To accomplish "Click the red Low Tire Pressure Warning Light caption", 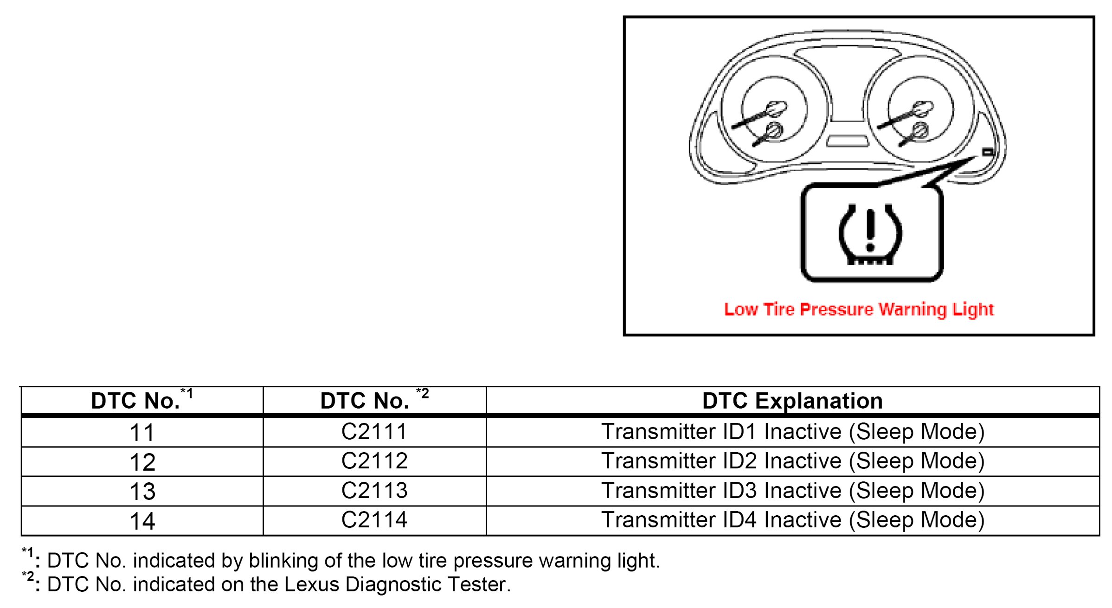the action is point(859,310).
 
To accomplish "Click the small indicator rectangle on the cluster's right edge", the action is point(988,152).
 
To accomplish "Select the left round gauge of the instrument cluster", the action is point(773,110).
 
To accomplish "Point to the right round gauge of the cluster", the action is point(920,110).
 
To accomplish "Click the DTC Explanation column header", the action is point(792,401).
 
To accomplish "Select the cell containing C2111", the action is point(374,432).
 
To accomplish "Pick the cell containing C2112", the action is point(374,461).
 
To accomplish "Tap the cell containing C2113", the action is point(374,491).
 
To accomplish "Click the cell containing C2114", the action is point(374,520).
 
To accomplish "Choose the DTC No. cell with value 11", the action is point(142,432).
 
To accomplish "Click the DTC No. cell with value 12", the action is point(142,461).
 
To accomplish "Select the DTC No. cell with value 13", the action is point(142,491).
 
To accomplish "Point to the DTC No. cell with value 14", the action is point(142,520).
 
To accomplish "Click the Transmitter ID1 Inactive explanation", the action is point(792,432).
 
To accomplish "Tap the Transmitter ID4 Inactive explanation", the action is point(792,520).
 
